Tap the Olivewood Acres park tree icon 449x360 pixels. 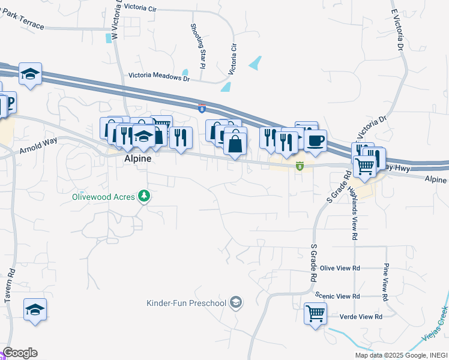point(143,196)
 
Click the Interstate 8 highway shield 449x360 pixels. point(202,108)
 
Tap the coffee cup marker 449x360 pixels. point(315,141)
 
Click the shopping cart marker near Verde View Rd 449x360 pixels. point(315,313)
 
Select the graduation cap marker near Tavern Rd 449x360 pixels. point(35,310)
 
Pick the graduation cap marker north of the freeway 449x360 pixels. point(29,74)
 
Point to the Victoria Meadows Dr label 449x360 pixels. point(159,77)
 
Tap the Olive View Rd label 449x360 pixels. point(340,268)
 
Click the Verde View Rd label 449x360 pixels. point(357,317)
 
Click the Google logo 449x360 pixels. point(20,353)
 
